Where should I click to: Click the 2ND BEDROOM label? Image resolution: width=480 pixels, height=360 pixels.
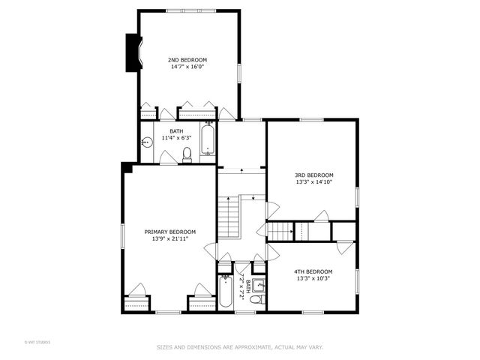coord(187,60)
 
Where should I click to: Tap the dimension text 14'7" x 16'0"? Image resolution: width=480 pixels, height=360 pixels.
coord(187,67)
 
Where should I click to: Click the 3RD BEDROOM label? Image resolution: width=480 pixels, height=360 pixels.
coord(313,175)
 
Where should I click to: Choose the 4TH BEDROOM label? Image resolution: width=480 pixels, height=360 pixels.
coord(313,271)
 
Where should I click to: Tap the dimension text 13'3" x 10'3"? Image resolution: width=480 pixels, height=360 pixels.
coord(313,278)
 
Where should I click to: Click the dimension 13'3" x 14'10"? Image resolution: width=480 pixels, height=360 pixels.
coord(313,181)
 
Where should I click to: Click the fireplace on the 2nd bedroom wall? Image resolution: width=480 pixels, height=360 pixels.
coord(133,52)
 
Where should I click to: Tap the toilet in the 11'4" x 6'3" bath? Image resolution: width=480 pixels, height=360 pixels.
coord(187,154)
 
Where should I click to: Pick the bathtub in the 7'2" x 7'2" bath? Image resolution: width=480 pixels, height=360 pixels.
coord(225,293)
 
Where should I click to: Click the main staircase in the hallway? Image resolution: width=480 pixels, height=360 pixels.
coord(228,217)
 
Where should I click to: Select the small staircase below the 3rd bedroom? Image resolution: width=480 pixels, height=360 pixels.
coord(279,232)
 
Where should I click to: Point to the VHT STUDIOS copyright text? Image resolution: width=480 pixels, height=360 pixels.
coord(37,343)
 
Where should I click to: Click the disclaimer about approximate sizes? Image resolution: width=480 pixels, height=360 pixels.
coord(239,347)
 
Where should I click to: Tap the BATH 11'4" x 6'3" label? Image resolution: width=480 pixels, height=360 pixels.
coord(175,134)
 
